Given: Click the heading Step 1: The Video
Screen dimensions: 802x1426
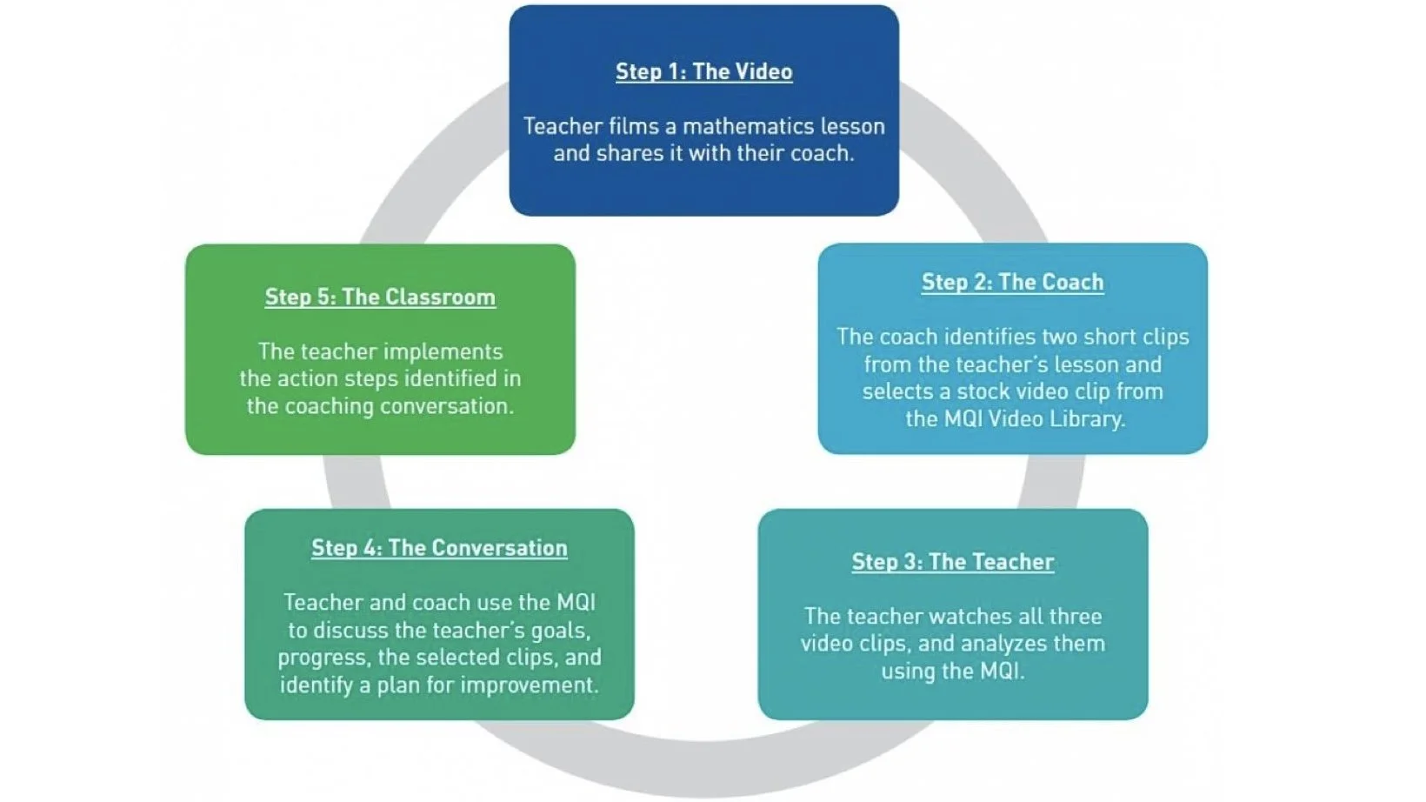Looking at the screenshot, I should tap(703, 71).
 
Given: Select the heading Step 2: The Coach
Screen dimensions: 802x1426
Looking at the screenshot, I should tap(1012, 282).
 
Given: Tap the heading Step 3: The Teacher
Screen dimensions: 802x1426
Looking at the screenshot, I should tap(952, 562).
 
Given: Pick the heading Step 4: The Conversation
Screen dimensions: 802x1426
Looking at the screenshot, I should tap(439, 548).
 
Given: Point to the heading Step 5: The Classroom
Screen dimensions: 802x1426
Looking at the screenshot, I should tap(380, 297).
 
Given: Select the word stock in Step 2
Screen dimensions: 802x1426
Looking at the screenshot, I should tap(988, 391).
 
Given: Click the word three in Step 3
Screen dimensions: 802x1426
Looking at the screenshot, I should tap(1076, 617).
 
